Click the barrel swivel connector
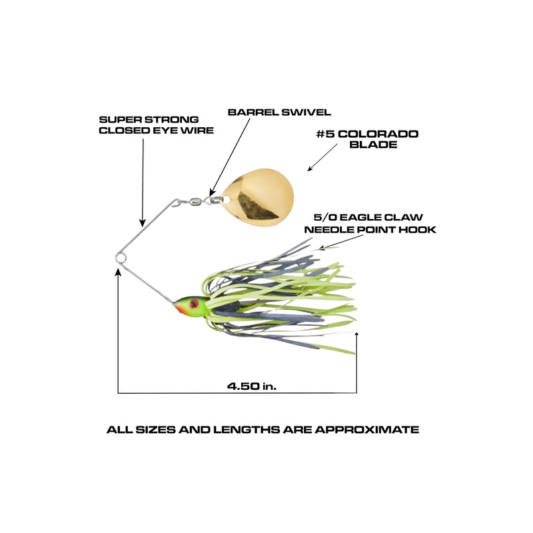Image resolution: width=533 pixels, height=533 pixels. pos(199,198)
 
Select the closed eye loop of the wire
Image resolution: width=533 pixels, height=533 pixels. pos(119,257)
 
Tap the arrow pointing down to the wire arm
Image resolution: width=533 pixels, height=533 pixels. pos(143,180)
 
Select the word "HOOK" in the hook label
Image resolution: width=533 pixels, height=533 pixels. pos(421,229)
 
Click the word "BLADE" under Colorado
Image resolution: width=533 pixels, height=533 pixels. pos(377,145)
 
